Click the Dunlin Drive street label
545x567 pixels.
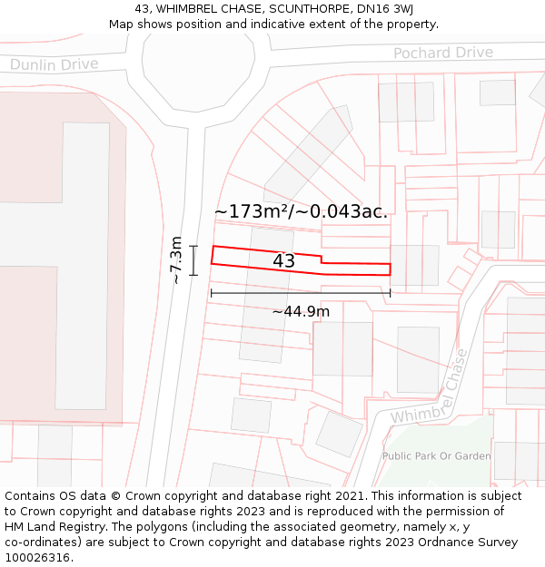click(54, 64)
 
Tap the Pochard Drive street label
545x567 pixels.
click(442, 53)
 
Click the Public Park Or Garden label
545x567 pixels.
click(436, 456)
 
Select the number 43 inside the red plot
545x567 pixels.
click(283, 261)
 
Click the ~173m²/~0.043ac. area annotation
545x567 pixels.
click(301, 211)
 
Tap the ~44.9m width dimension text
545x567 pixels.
click(301, 312)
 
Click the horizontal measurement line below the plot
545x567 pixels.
click(300, 293)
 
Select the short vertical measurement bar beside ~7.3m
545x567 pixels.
click(194, 260)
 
